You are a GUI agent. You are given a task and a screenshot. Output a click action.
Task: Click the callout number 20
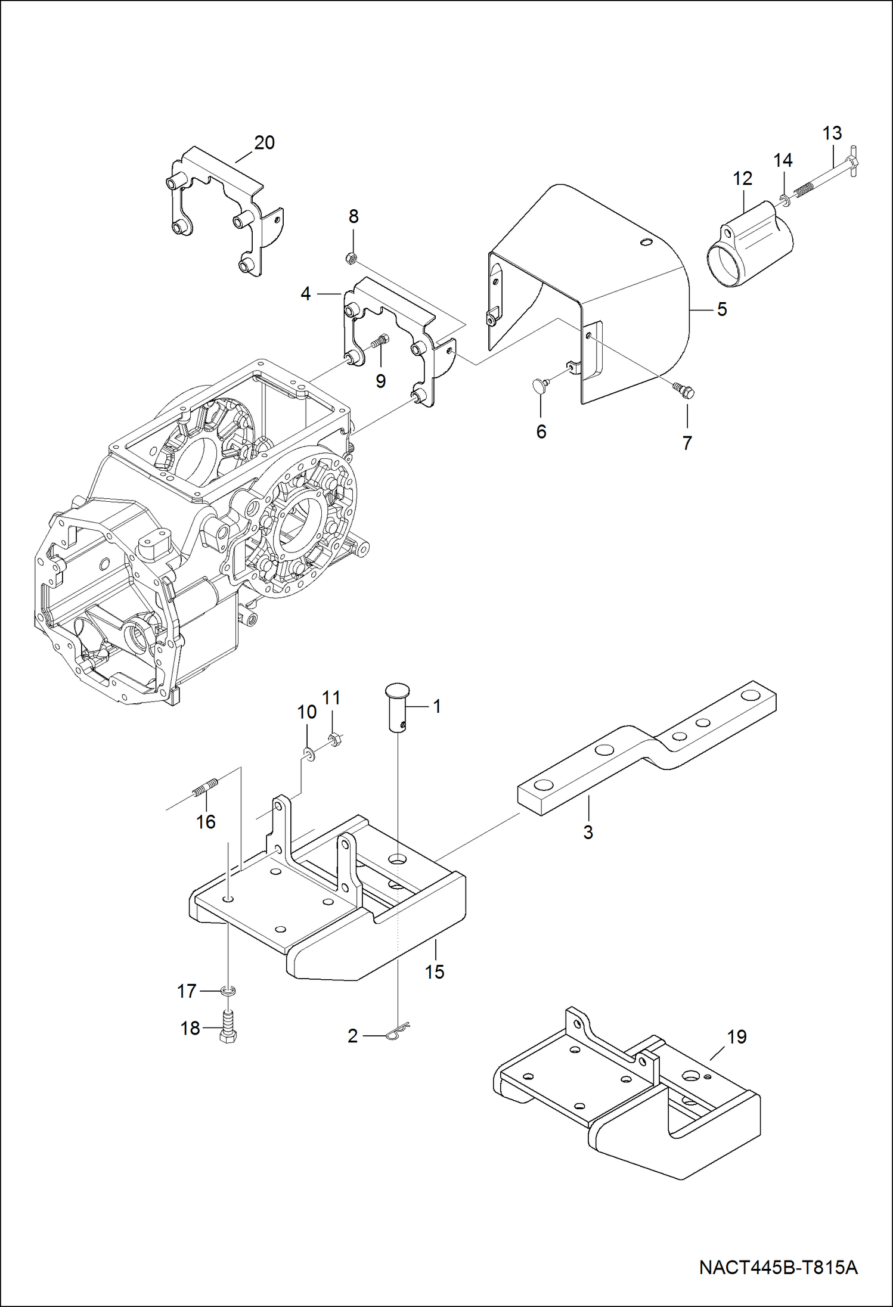click(264, 143)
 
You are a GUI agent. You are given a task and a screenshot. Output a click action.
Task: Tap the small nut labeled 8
click(351, 257)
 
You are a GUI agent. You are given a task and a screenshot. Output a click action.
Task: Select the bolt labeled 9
click(379, 342)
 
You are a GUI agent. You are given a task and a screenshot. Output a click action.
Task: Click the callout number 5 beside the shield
click(722, 309)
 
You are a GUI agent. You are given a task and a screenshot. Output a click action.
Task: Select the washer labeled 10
click(309, 755)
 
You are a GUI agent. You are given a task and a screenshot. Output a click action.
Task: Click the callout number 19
click(737, 1036)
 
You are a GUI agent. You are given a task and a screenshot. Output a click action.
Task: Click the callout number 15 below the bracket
click(435, 972)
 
